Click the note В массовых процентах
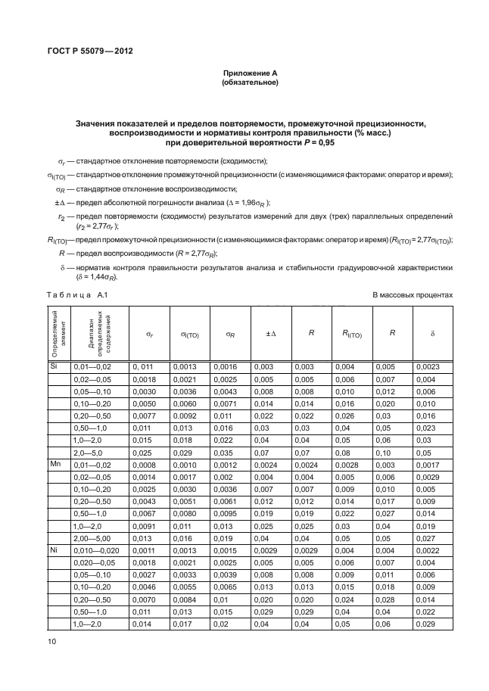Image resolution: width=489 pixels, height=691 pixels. [412, 295]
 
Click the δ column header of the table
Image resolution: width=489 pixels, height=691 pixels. [434, 333]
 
